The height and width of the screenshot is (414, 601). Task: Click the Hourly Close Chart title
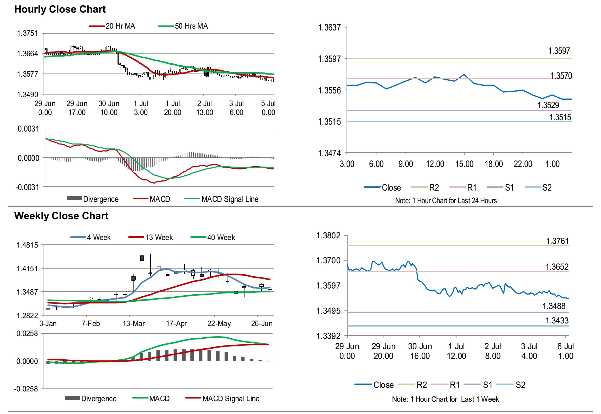(x=60, y=9)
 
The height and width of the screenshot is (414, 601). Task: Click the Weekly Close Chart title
(x=61, y=216)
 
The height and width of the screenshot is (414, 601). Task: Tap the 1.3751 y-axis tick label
(x=27, y=33)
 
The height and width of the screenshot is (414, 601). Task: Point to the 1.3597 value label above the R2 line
(x=559, y=51)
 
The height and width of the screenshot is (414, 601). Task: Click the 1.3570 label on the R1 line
(x=561, y=76)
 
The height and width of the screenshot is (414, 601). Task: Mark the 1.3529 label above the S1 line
(x=548, y=105)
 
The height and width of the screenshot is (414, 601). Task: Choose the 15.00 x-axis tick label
(x=464, y=164)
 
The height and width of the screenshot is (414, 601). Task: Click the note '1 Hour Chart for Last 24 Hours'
(x=446, y=201)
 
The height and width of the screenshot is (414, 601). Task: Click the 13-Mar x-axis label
(x=134, y=323)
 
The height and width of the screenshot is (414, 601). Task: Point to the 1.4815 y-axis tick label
(x=27, y=245)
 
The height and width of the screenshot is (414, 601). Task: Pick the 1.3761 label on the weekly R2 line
(x=557, y=241)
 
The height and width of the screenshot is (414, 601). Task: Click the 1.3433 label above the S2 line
(x=557, y=320)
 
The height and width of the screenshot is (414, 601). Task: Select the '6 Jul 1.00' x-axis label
(x=565, y=351)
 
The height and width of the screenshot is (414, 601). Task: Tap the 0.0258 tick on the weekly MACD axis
(x=27, y=333)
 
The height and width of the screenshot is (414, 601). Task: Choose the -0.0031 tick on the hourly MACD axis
(x=27, y=187)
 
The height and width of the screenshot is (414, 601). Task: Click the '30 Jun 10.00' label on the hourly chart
(x=109, y=108)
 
